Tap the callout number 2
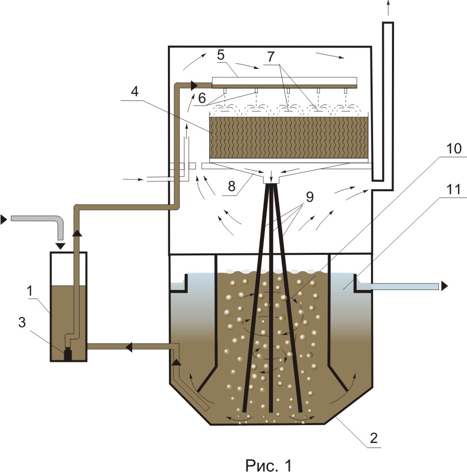pyautogui.click(x=374, y=438)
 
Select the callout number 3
pyautogui.click(x=22, y=322)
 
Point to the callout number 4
pyautogui.click(x=134, y=92)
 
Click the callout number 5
pyautogui.click(x=221, y=56)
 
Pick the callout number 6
pyautogui.click(x=202, y=98)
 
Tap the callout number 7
pyautogui.click(x=271, y=57)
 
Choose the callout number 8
pyautogui.click(x=232, y=187)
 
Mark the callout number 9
pyautogui.click(x=310, y=197)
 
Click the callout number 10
pyautogui.click(x=453, y=148)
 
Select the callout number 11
pyautogui.click(x=453, y=190)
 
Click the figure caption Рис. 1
pyautogui.click(x=268, y=465)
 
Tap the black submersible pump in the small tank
pyautogui.click(x=68, y=354)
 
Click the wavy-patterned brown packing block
pyautogui.click(x=289, y=137)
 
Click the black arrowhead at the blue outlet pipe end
pyautogui.click(x=445, y=286)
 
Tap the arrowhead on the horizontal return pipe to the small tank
pyautogui.click(x=129, y=347)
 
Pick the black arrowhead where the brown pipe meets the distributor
pyautogui.click(x=193, y=85)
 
